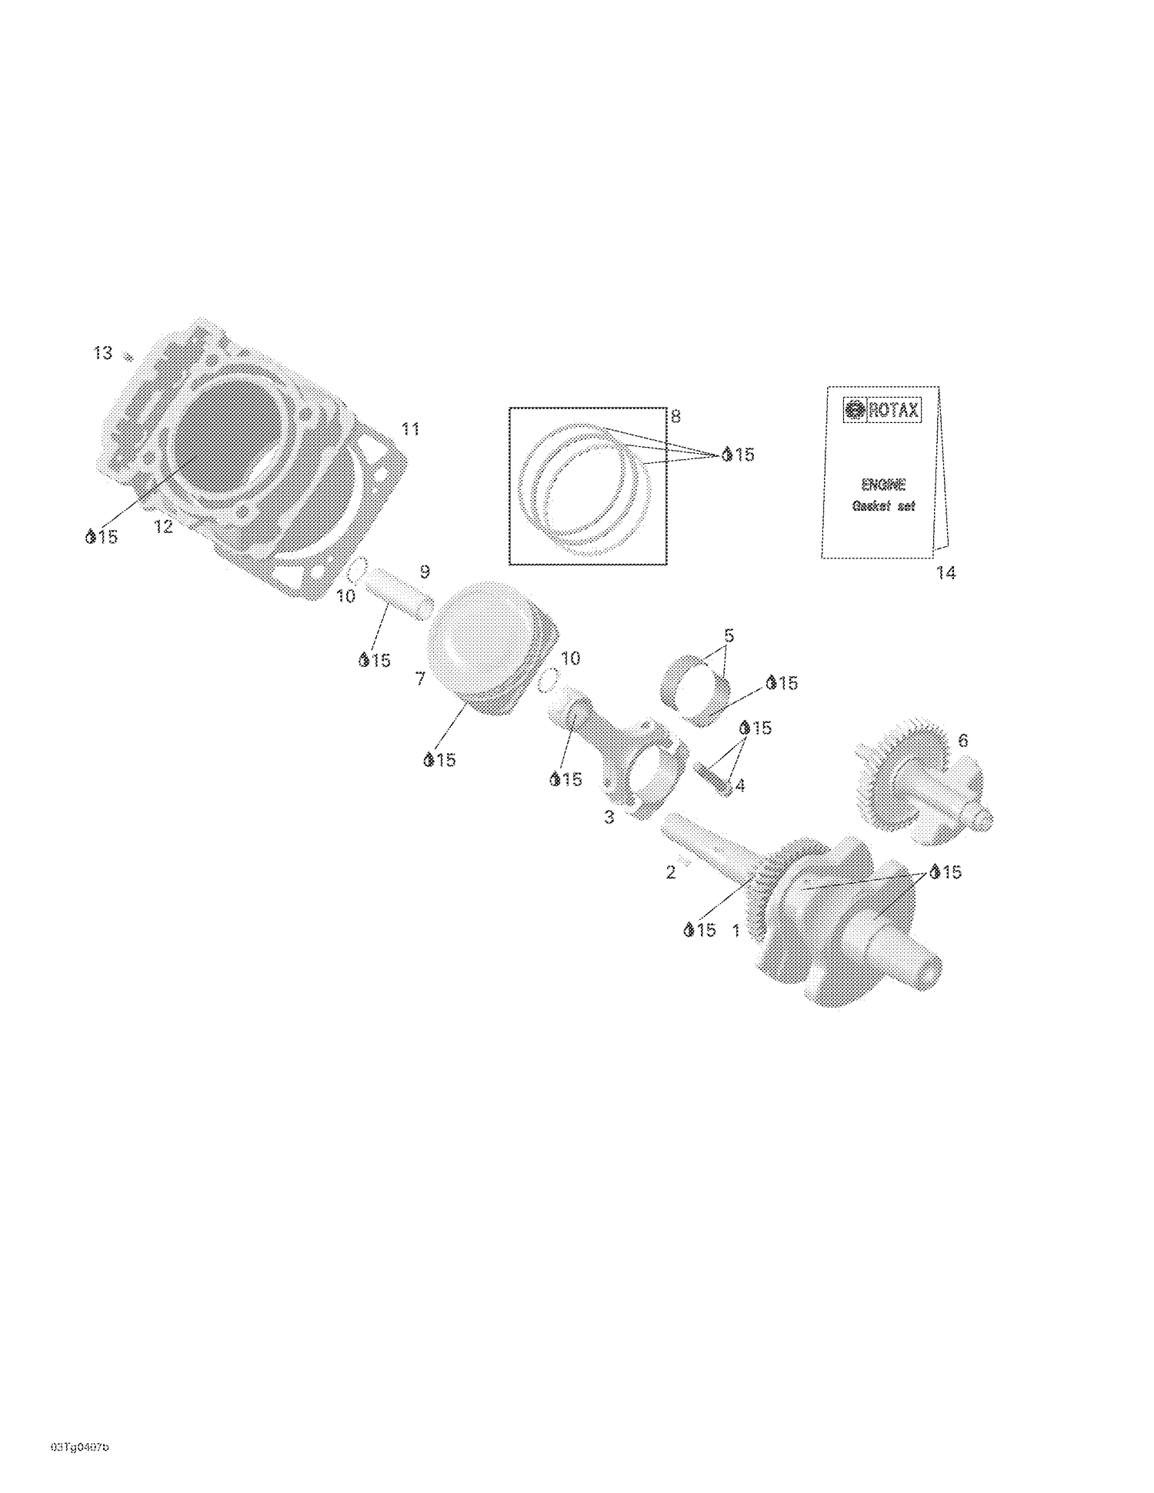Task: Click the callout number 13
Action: [x=102, y=353]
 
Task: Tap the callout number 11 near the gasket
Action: [x=411, y=429]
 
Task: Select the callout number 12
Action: [x=163, y=527]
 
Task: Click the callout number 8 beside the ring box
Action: [x=675, y=417]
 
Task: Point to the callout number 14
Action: [x=946, y=573]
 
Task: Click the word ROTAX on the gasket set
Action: [x=893, y=411]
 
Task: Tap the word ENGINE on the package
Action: [x=883, y=485]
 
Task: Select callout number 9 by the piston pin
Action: [x=425, y=572]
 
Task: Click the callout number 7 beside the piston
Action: [x=420, y=678]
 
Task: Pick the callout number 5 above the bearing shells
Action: [x=729, y=636]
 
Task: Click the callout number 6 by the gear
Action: [x=962, y=741]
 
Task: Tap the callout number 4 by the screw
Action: [x=740, y=785]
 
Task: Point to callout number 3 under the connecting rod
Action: [x=609, y=817]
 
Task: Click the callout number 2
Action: [x=671, y=872]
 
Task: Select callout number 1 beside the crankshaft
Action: [x=735, y=931]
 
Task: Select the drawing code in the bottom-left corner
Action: [x=79, y=1447]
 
